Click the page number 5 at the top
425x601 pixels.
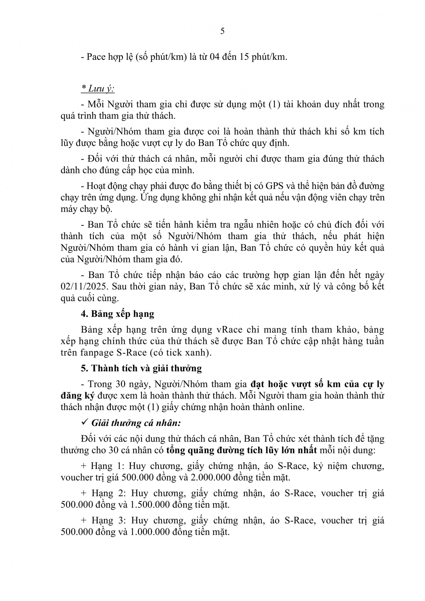222,31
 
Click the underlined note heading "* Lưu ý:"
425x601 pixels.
98,89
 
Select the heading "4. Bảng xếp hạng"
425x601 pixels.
117,314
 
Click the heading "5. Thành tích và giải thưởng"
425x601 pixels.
141,368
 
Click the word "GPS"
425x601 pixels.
274,186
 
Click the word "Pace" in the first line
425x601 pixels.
96,57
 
